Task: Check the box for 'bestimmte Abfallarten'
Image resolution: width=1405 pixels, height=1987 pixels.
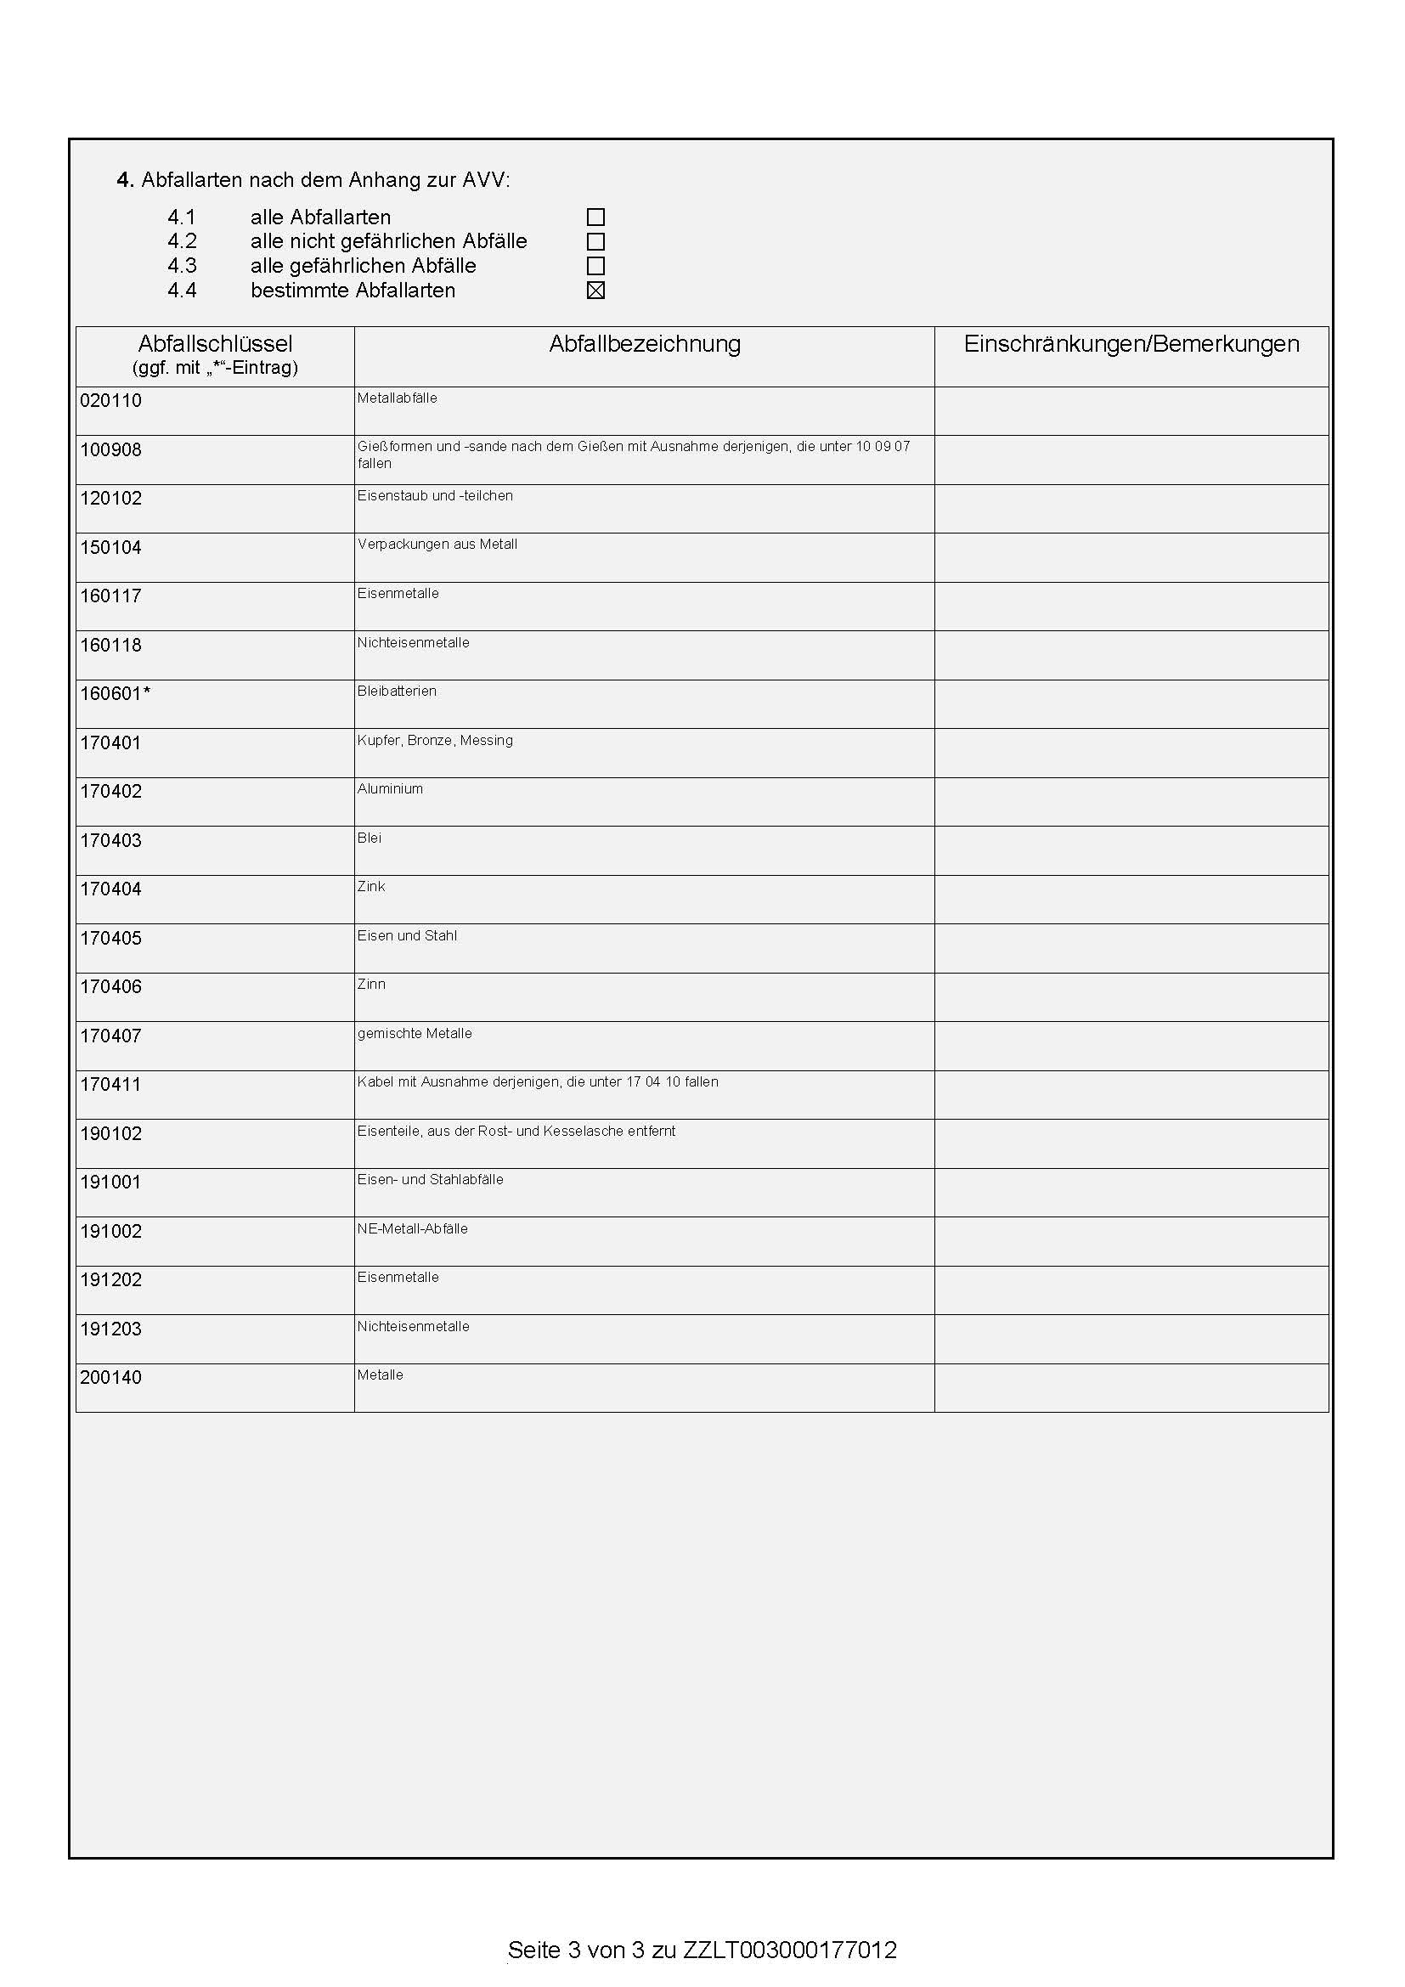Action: [595, 291]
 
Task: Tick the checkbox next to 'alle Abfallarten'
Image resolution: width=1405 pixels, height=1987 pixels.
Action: [595, 217]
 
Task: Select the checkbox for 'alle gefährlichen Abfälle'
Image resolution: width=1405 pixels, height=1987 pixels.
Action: [595, 266]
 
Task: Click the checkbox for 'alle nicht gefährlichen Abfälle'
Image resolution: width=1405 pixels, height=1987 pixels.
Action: [595, 241]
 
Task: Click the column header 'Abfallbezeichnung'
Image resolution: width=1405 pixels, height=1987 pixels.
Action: [645, 344]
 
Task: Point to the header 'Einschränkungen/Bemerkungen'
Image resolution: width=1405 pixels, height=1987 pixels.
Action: [1131, 344]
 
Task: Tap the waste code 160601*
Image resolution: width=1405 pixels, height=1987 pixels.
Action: [115, 694]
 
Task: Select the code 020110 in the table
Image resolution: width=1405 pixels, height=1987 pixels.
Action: [110, 401]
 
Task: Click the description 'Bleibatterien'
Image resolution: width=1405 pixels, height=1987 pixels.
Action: [397, 691]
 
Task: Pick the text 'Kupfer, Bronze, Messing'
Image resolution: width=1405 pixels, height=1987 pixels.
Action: [435, 741]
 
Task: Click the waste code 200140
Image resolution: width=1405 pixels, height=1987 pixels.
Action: [110, 1378]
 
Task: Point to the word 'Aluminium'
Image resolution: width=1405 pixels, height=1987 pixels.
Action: [390, 789]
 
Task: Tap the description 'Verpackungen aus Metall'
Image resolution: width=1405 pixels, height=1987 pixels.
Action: [437, 545]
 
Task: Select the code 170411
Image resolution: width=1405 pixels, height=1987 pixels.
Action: [110, 1084]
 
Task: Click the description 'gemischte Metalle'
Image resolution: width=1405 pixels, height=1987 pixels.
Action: [415, 1034]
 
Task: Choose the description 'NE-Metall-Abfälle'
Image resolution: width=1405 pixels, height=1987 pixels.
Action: [413, 1229]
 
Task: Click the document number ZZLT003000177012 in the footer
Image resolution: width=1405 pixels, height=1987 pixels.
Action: [790, 1950]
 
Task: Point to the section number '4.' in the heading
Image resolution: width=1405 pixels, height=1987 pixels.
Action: [126, 181]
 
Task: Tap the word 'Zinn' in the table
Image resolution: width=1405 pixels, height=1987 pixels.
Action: [371, 985]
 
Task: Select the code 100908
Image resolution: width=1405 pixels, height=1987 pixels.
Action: [110, 450]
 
